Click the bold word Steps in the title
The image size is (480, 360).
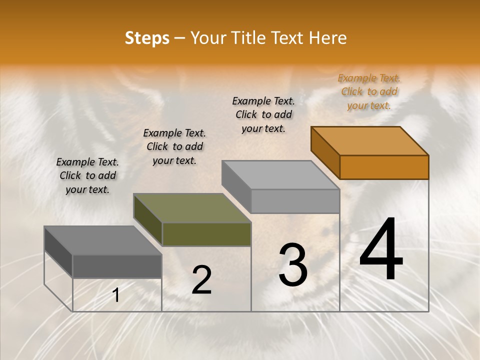pos(147,38)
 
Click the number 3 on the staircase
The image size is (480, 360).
pos(293,265)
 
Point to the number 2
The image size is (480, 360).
pos(201,280)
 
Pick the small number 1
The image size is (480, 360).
pos(115,295)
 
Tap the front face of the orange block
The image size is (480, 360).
pos(384,167)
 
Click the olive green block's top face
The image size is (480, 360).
pos(192,208)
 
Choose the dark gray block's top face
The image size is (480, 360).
pos(103,240)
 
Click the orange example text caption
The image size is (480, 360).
pos(369,92)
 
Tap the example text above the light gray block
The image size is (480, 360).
pos(263,114)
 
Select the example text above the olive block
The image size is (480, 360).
pos(174,146)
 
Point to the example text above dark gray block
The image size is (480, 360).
pos(87,175)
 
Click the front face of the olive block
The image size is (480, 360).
pos(206,234)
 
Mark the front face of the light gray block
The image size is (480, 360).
pos(295,201)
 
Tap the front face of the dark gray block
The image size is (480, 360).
pos(117,266)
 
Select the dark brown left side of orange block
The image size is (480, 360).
pos(325,152)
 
